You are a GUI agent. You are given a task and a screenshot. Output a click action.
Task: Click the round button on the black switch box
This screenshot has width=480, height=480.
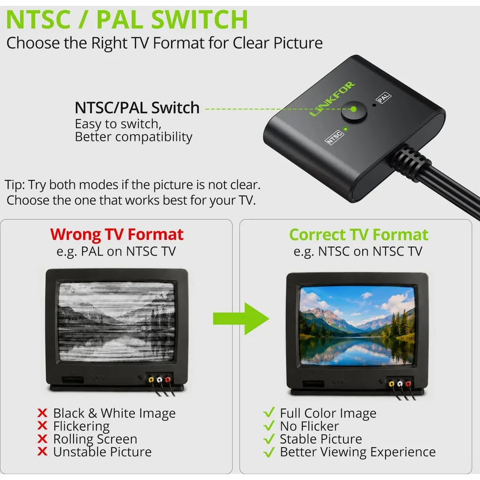(x=354, y=111)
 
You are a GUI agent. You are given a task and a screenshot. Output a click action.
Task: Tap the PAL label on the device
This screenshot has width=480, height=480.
(x=383, y=98)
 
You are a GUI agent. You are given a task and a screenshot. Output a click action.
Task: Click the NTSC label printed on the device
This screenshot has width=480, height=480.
(x=334, y=137)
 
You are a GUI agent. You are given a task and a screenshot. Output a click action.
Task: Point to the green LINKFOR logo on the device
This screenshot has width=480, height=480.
(x=332, y=99)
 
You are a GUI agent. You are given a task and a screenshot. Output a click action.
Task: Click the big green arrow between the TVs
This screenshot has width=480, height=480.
(x=241, y=318)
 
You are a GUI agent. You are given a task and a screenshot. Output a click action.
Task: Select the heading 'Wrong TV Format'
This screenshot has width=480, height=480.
(x=117, y=235)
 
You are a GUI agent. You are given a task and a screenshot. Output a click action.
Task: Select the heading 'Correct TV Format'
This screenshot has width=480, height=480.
(x=358, y=235)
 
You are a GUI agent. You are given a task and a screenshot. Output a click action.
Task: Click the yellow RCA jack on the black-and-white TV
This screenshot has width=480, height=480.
(x=151, y=380)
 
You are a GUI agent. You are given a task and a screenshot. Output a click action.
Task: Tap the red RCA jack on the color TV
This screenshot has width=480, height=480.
(x=408, y=383)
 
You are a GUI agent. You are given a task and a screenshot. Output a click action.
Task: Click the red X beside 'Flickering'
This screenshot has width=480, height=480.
(x=42, y=426)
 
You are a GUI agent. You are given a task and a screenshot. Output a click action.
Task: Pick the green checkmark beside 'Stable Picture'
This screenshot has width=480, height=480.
(x=269, y=439)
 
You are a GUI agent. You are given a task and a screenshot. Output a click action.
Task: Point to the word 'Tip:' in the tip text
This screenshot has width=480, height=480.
(x=15, y=185)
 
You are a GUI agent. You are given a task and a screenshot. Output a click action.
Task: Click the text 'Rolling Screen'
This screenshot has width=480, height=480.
(x=95, y=439)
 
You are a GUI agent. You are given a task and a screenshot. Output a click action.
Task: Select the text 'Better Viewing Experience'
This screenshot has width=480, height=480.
(x=357, y=452)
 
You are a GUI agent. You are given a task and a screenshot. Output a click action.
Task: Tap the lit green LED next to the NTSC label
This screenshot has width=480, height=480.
(x=345, y=129)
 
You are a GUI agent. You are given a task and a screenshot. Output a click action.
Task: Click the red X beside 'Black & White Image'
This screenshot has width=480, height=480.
(x=42, y=413)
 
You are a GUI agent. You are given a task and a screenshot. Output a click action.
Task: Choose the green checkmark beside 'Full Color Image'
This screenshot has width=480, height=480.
(x=269, y=412)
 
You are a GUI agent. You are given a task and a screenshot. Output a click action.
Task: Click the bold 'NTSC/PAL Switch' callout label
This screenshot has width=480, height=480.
(x=137, y=108)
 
